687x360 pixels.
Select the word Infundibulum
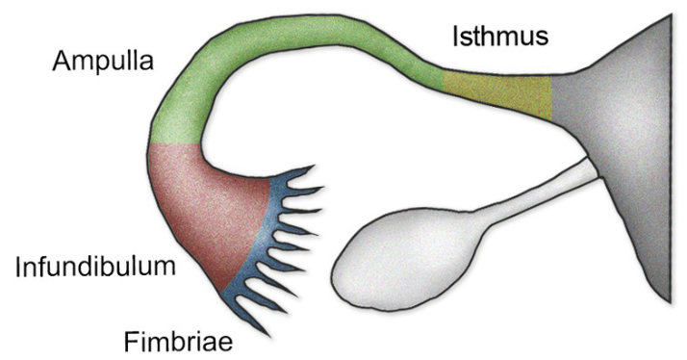(96, 267)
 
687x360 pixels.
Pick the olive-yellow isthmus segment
(496, 96)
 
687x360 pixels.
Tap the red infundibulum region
(202, 212)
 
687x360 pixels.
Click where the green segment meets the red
(175, 145)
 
